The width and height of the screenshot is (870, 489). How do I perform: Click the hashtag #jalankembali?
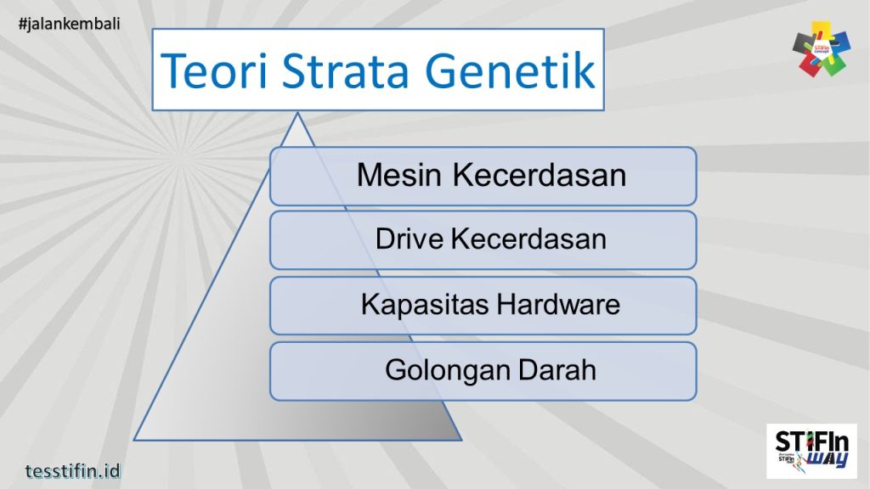click(69, 23)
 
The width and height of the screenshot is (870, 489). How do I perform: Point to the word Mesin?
click(400, 176)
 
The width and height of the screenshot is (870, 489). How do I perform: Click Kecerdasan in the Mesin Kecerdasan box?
click(540, 176)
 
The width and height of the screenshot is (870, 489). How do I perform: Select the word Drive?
click(410, 239)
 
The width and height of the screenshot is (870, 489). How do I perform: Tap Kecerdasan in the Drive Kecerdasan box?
click(528, 239)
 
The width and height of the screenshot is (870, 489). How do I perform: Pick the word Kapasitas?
click(424, 304)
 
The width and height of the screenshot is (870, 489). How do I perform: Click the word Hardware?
click(558, 304)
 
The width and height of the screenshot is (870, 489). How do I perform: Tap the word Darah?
click(556, 370)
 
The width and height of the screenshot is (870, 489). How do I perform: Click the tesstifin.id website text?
click(73, 469)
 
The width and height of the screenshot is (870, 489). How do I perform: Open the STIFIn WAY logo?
click(811, 452)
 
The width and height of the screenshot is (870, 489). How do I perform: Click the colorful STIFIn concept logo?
click(821, 48)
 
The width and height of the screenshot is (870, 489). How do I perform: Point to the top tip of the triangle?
click(297, 113)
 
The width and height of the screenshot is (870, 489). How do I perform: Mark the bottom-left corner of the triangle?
click(135, 440)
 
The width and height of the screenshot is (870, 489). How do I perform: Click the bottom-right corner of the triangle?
click(460, 440)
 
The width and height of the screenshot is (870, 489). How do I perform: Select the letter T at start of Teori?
click(173, 70)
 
